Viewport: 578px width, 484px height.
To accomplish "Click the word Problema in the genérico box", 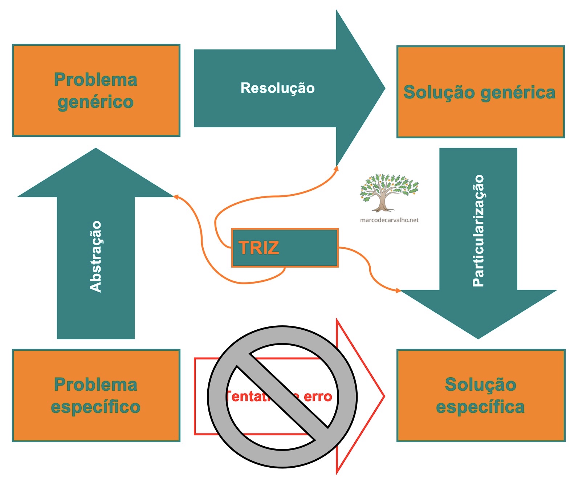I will click(x=95, y=80).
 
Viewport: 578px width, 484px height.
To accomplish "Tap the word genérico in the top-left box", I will click(x=95, y=102).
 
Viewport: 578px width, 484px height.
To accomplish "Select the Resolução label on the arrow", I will click(x=277, y=88).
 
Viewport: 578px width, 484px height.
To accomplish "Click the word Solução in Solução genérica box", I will click(x=439, y=92).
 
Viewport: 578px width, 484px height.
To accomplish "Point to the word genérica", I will click(x=518, y=93).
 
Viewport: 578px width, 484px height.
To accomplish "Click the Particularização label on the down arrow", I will click(x=478, y=231).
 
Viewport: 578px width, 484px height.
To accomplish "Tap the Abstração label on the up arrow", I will click(x=95, y=256).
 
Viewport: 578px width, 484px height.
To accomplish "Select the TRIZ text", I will click(x=259, y=248).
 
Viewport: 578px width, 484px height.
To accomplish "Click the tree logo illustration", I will click(x=389, y=192).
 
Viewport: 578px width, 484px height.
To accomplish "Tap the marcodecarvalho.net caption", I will click(x=389, y=220).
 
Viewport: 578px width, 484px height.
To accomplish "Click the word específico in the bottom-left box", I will click(x=95, y=407).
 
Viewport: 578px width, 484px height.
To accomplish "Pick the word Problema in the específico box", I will click(x=95, y=385).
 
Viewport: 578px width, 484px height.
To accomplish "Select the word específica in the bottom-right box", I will click(x=480, y=407).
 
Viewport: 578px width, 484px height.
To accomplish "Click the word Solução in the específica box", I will click(x=480, y=385).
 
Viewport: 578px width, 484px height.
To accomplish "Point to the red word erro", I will click(x=318, y=396).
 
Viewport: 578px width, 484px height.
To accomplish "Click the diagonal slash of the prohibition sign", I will click(x=282, y=396).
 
